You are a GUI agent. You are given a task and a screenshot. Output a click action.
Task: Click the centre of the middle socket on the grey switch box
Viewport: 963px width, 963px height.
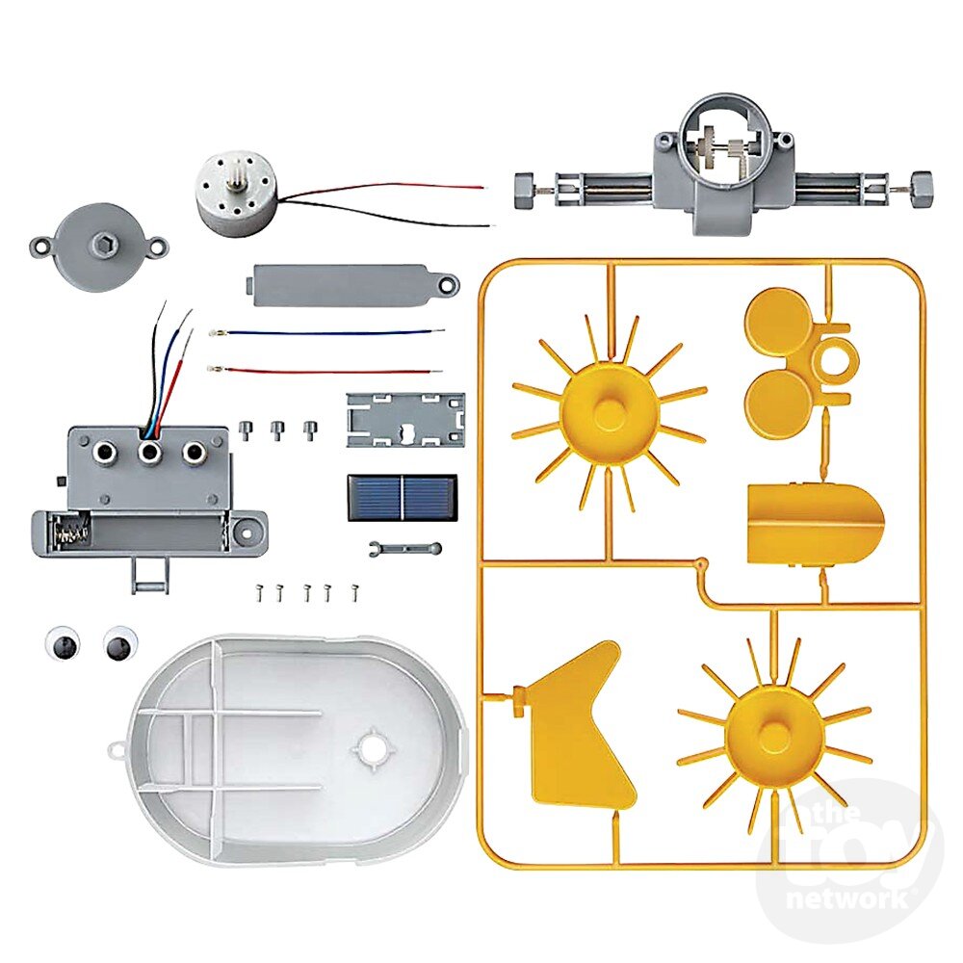pos(148,453)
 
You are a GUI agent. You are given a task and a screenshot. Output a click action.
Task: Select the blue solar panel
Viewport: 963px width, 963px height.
pos(403,498)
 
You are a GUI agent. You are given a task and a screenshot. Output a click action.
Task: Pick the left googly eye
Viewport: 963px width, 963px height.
pos(63,643)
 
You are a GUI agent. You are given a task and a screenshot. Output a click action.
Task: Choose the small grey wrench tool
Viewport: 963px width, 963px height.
pos(405,547)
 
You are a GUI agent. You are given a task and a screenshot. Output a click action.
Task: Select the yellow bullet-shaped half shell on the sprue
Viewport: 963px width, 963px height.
pos(815,525)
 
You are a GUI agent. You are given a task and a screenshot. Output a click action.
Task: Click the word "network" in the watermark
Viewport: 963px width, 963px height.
pos(848,899)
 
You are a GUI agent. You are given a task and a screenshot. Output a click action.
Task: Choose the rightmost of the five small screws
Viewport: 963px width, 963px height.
pos(354,591)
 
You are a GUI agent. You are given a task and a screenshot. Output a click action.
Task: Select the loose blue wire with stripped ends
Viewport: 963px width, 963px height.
pos(326,333)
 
